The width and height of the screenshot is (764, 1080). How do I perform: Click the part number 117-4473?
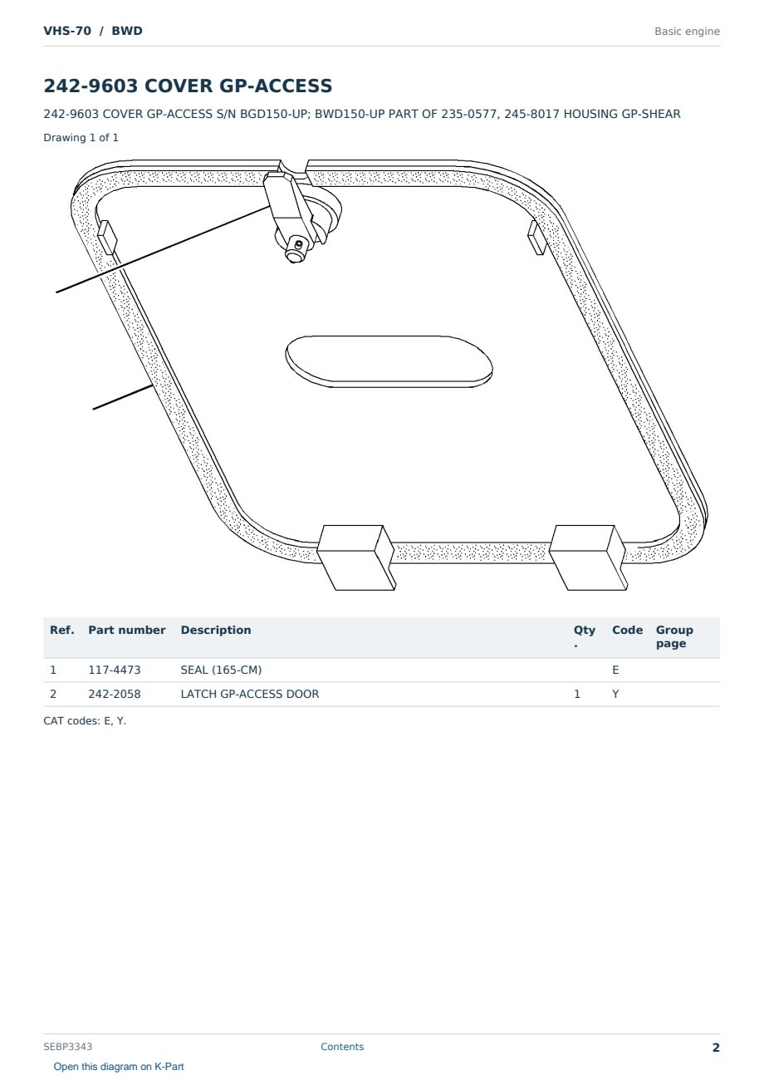tap(115, 670)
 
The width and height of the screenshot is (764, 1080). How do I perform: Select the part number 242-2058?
tap(115, 694)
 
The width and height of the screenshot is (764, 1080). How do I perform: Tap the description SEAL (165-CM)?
tap(221, 670)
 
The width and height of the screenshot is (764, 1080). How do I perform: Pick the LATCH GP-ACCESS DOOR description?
tap(250, 694)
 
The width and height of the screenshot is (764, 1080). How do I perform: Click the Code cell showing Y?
tap(615, 694)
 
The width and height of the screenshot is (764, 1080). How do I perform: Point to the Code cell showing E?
tap(615, 670)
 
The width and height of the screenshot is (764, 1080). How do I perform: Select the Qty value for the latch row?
tap(577, 694)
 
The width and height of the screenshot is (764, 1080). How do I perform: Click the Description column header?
tap(216, 631)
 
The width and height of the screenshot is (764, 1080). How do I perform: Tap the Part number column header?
tap(127, 631)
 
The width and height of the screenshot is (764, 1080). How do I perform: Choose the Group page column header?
tap(674, 636)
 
